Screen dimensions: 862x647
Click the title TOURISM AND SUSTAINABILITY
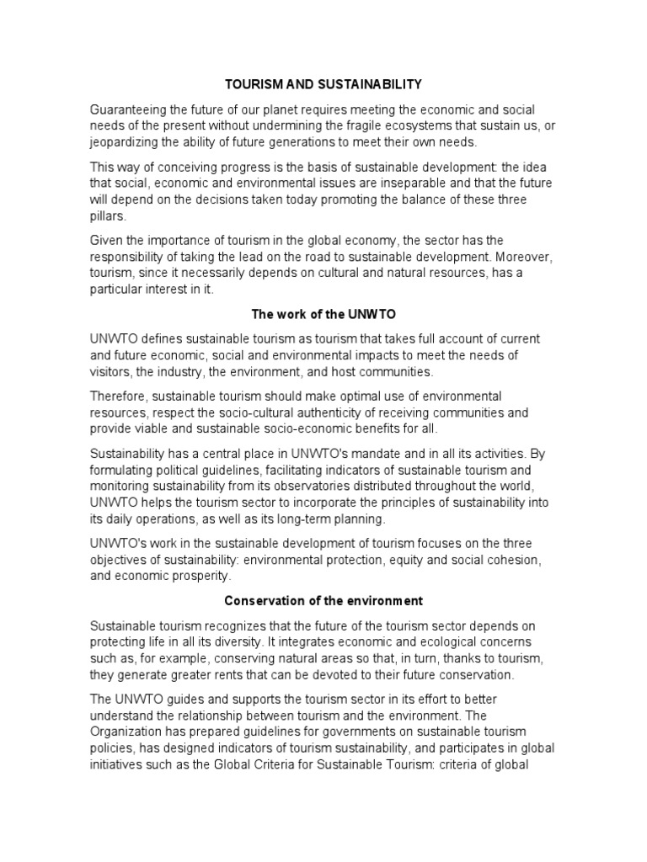pyautogui.click(x=323, y=85)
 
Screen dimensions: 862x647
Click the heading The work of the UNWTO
pyautogui.click(x=323, y=315)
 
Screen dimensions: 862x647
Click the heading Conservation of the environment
pyautogui.click(x=323, y=601)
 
